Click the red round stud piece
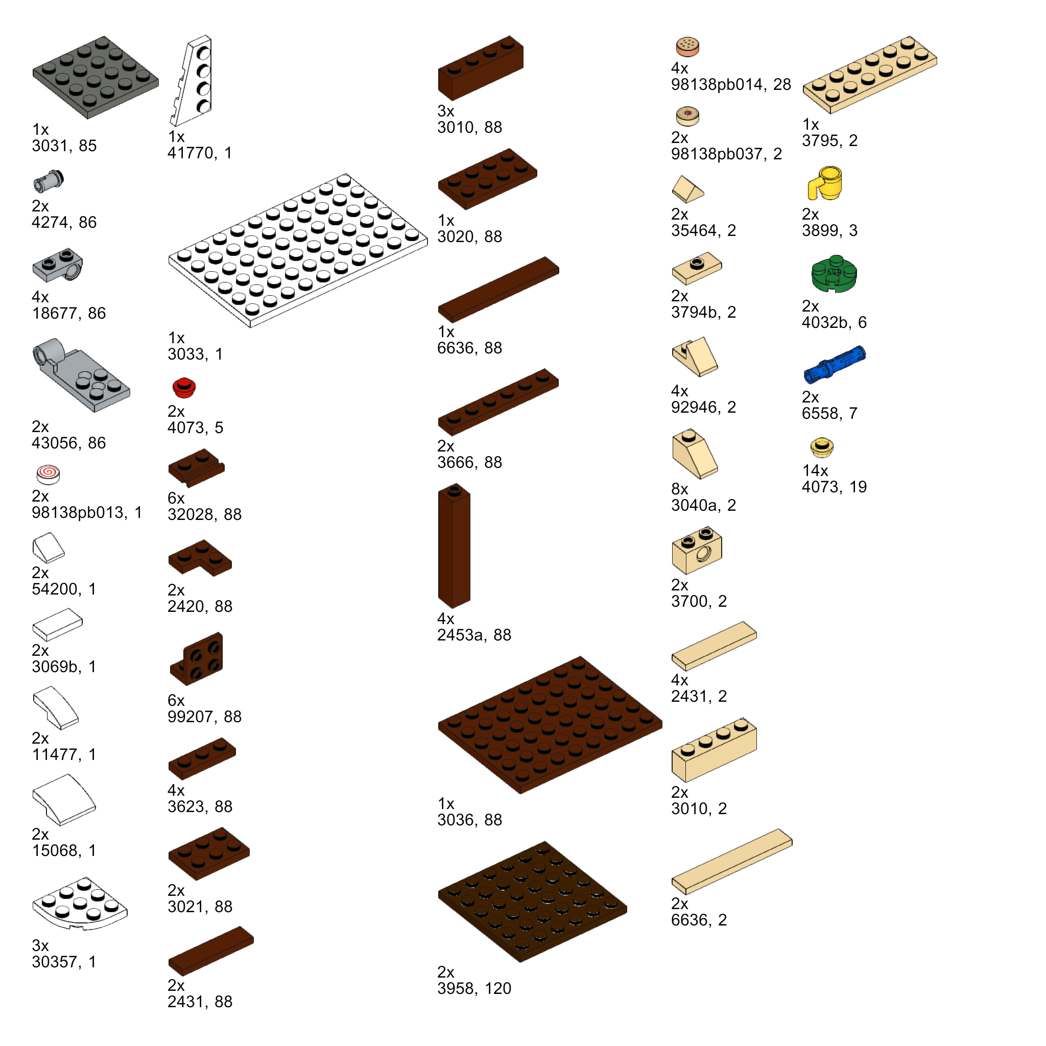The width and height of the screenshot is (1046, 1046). [184, 388]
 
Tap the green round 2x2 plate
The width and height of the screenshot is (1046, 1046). [834, 274]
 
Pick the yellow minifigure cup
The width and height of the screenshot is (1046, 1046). [824, 183]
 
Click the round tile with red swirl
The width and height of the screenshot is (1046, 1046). [48, 474]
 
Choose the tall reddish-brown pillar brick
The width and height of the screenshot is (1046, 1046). [454, 546]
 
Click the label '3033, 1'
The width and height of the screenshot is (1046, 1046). [195, 354]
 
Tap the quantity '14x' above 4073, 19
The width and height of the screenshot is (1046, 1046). [815, 470]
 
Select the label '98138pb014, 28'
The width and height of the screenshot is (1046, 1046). [731, 84]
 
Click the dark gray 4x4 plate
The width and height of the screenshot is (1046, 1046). [96, 77]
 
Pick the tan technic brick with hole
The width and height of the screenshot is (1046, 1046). [697, 550]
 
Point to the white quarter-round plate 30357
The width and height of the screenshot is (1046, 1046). [80, 903]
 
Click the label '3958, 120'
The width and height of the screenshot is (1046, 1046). [474, 989]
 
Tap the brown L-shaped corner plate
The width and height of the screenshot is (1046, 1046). [200, 558]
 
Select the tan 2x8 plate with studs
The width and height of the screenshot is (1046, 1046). [869, 75]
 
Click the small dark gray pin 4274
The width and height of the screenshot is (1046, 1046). [49, 181]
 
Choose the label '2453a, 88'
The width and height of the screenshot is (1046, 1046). [474, 635]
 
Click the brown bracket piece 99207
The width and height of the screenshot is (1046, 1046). [197, 658]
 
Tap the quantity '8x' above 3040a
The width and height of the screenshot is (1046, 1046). [679, 489]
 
